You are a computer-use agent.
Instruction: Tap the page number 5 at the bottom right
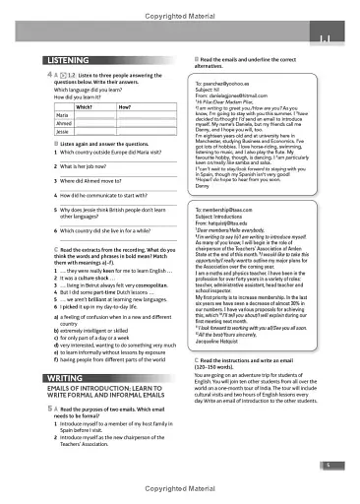point(334,465)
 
